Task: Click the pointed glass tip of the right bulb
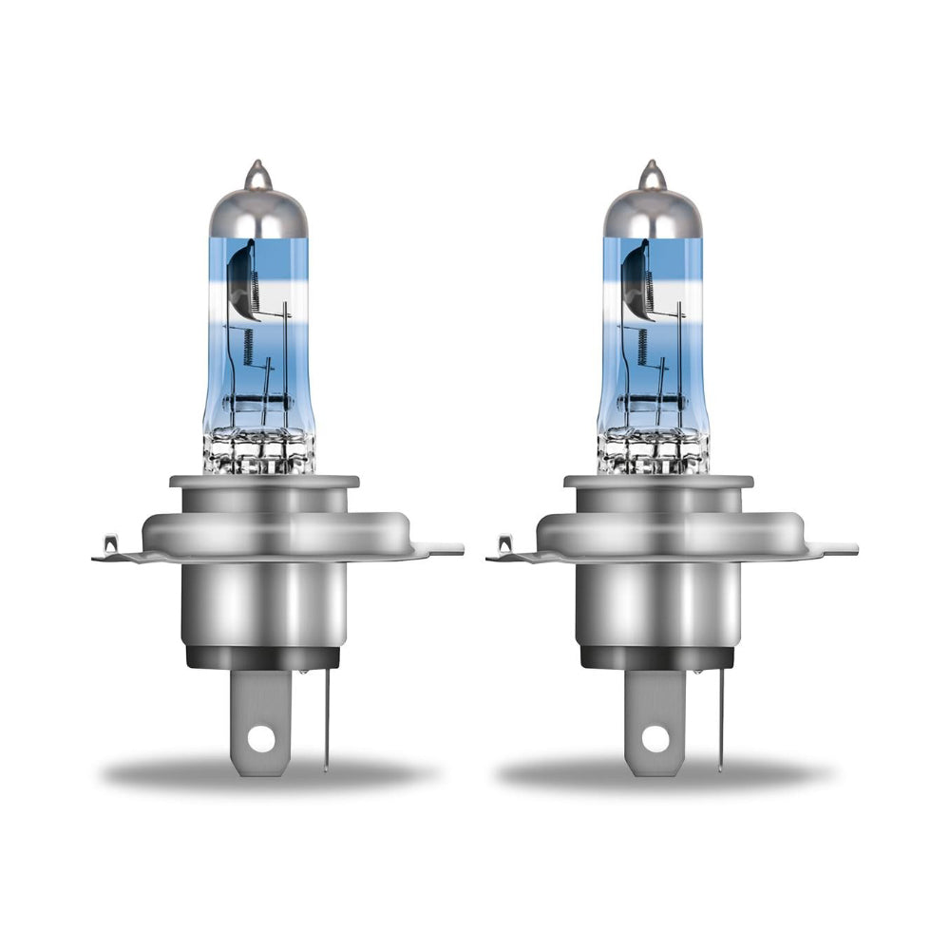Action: (651, 174)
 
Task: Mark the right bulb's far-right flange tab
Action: (836, 548)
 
